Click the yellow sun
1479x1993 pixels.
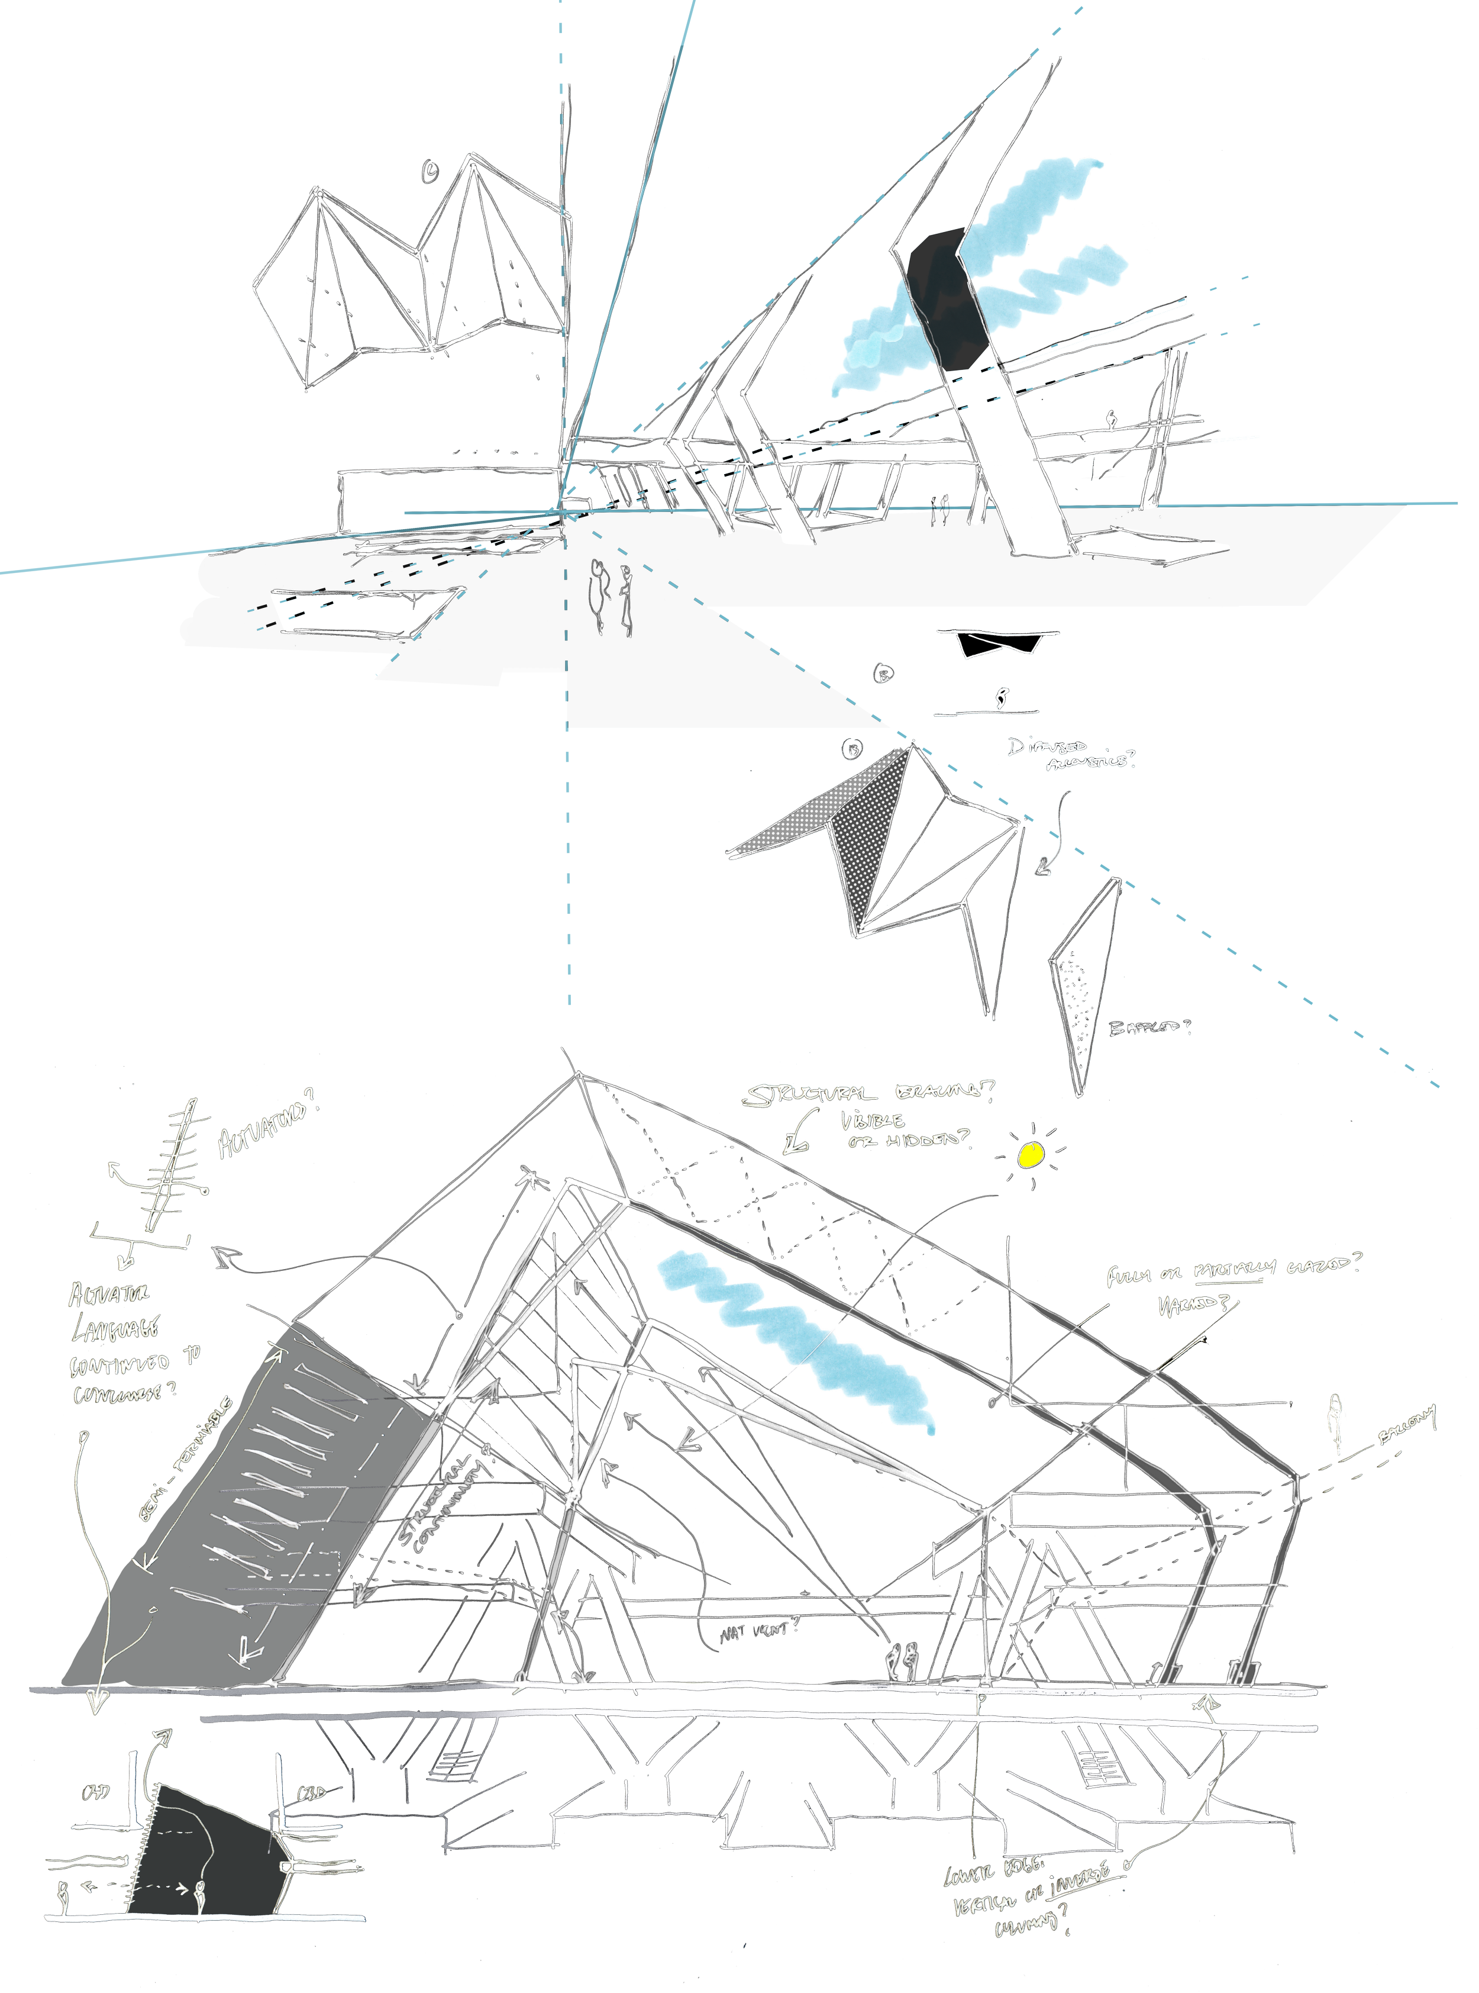1031,1155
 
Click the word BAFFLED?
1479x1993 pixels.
1149,1028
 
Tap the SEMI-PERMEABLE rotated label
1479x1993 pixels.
185,1460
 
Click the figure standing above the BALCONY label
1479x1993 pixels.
1335,1424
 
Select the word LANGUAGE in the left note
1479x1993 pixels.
115,1330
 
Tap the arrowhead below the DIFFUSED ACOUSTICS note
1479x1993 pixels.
1042,867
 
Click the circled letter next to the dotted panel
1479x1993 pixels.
852,749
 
